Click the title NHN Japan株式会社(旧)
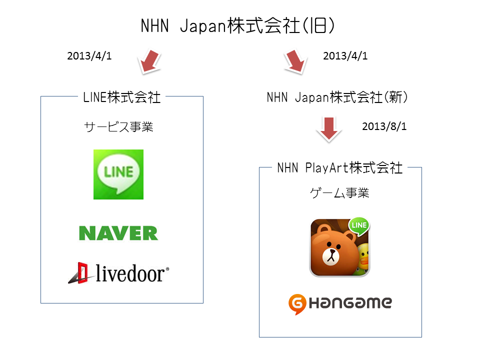coord(237,25)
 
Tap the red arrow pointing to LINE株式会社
coord(150,61)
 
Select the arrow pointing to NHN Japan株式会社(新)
coord(295,61)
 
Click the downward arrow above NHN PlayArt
coord(329,129)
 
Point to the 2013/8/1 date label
coord(384,126)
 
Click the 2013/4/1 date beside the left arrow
coord(89,55)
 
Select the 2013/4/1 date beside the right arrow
coord(345,55)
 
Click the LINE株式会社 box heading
coord(122,97)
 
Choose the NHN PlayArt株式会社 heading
coord(340,168)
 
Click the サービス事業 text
coord(119,126)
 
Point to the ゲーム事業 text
coord(339,193)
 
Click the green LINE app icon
coord(118,174)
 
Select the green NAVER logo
coord(118,233)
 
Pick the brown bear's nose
coord(331,252)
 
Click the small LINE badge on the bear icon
coord(359,225)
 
